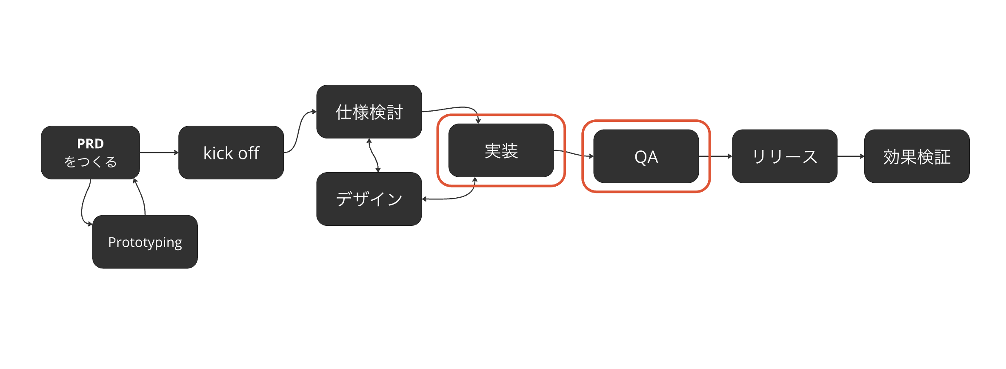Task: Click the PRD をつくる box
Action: (90, 153)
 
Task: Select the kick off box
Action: (231, 153)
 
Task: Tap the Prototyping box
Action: (145, 242)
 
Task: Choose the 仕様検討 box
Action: (369, 112)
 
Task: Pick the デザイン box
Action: (369, 199)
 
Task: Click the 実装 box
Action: (501, 150)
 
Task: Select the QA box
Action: (646, 156)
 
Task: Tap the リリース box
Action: (785, 156)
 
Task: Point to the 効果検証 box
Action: (917, 156)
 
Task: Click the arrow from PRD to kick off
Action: (159, 153)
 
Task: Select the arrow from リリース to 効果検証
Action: (851, 156)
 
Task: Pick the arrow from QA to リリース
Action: (715, 156)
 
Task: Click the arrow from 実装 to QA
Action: (574, 153)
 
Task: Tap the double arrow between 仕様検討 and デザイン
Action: (373, 156)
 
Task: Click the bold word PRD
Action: (90, 144)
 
